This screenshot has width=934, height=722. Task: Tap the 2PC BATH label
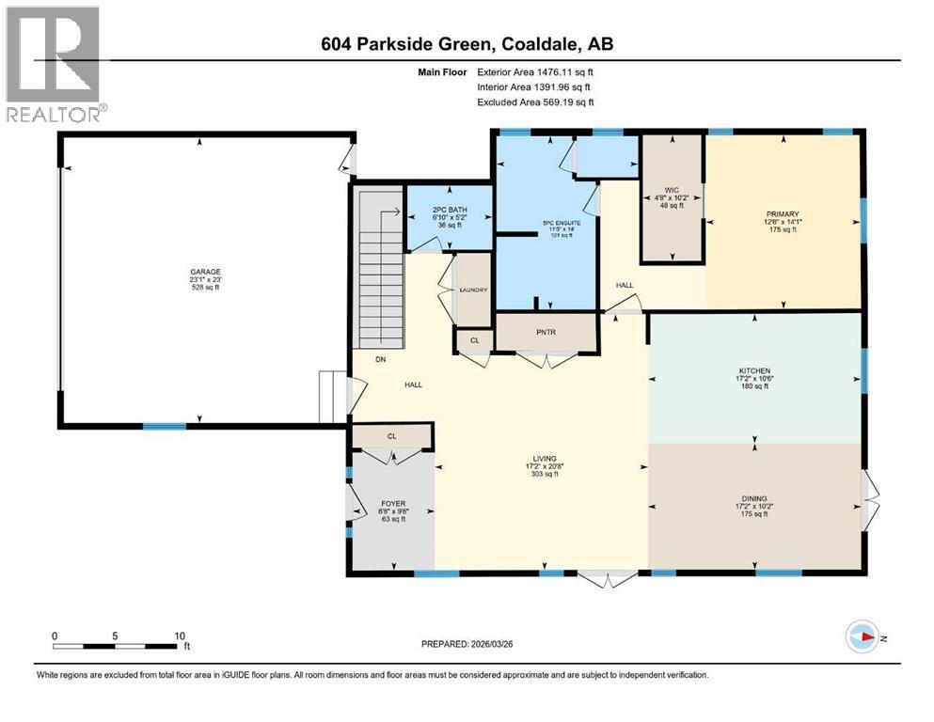(448, 212)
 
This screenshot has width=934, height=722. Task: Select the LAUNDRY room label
(472, 290)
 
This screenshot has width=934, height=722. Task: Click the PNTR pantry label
(546, 332)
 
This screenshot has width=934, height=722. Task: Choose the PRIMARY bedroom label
(783, 214)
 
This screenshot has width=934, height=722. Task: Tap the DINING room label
(755, 499)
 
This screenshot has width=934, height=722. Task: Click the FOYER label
(392, 504)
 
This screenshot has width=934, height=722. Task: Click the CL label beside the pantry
(474, 339)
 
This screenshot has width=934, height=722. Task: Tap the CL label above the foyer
(392, 436)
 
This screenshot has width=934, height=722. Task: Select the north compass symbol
(863, 636)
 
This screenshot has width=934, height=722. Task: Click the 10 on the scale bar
(180, 635)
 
